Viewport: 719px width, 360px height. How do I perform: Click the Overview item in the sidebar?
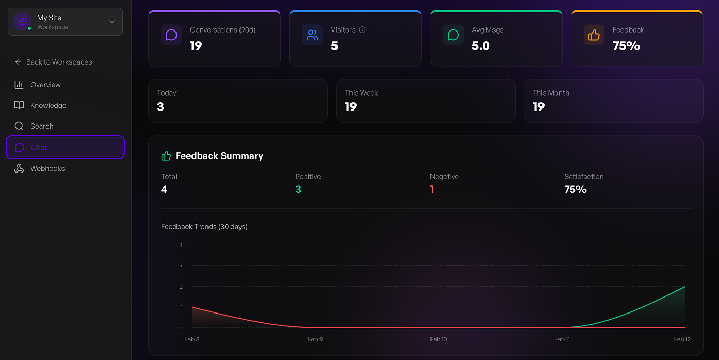(45, 85)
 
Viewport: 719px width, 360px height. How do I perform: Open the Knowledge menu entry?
(48, 105)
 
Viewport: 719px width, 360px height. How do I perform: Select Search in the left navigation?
(41, 126)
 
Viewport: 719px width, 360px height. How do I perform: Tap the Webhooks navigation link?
(47, 168)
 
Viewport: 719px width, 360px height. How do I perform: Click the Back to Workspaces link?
(59, 62)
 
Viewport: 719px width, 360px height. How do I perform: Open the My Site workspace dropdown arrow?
(112, 22)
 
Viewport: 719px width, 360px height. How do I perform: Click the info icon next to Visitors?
(362, 30)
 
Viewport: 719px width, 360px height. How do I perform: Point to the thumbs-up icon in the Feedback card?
(594, 35)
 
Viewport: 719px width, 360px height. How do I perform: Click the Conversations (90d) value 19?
(196, 46)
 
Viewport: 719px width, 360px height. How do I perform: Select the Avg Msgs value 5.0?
(481, 46)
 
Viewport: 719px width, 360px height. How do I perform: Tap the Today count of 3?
(161, 107)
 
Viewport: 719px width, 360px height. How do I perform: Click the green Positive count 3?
(298, 190)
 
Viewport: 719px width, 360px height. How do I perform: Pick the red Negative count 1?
(432, 190)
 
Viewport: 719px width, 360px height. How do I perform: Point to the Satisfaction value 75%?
(576, 190)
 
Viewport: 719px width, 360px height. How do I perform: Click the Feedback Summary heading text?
(219, 156)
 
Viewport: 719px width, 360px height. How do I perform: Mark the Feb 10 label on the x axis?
(439, 339)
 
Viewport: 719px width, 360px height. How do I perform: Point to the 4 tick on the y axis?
(181, 245)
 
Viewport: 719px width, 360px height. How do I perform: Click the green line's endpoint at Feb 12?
(685, 287)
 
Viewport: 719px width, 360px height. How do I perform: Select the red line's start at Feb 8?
(192, 307)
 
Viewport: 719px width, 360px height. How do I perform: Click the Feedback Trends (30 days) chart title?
(204, 227)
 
